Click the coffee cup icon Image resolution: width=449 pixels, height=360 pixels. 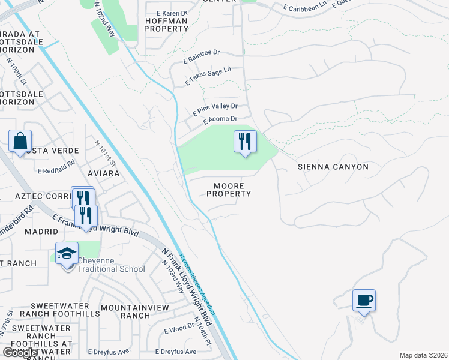(364, 300)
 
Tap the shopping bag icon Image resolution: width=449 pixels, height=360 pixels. (20, 142)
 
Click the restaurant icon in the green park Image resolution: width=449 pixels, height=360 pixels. (245, 142)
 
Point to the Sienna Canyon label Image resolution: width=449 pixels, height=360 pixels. (333, 167)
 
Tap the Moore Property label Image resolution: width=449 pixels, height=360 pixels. (228, 190)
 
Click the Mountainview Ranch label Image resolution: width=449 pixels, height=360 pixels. (125, 311)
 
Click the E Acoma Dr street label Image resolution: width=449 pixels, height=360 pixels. (220, 120)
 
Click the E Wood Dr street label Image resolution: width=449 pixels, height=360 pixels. (179, 328)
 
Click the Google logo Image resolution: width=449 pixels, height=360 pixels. (20, 353)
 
